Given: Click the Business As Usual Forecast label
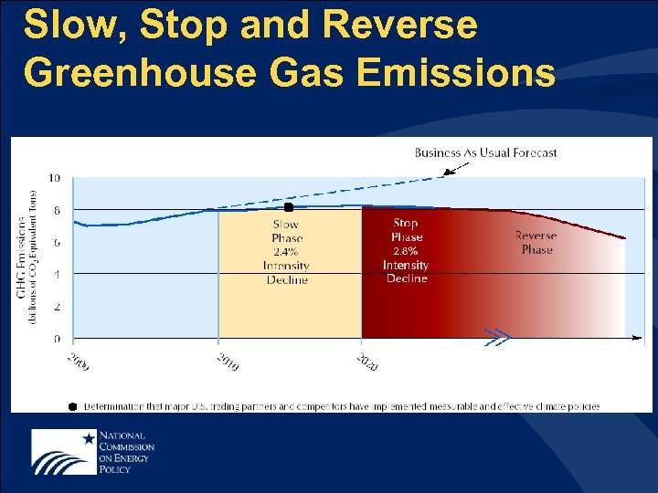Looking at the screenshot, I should (485, 152).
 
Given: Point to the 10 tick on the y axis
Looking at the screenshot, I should (55, 178).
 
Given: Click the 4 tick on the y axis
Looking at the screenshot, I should (57, 274).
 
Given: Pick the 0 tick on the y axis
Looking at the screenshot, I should (57, 339).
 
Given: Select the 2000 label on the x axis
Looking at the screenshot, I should (79, 362).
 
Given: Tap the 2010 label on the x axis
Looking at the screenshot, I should (227, 362).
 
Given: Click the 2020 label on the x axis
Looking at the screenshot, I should (366, 362).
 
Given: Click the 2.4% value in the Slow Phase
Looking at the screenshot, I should (287, 252).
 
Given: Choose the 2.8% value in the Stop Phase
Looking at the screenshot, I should (406, 251).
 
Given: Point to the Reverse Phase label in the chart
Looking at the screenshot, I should (536, 242).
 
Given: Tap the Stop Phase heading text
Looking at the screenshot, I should (406, 230).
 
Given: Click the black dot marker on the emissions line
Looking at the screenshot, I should (289, 207).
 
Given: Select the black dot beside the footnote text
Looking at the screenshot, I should (72, 406).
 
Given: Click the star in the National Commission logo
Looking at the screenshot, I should (88, 439).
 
